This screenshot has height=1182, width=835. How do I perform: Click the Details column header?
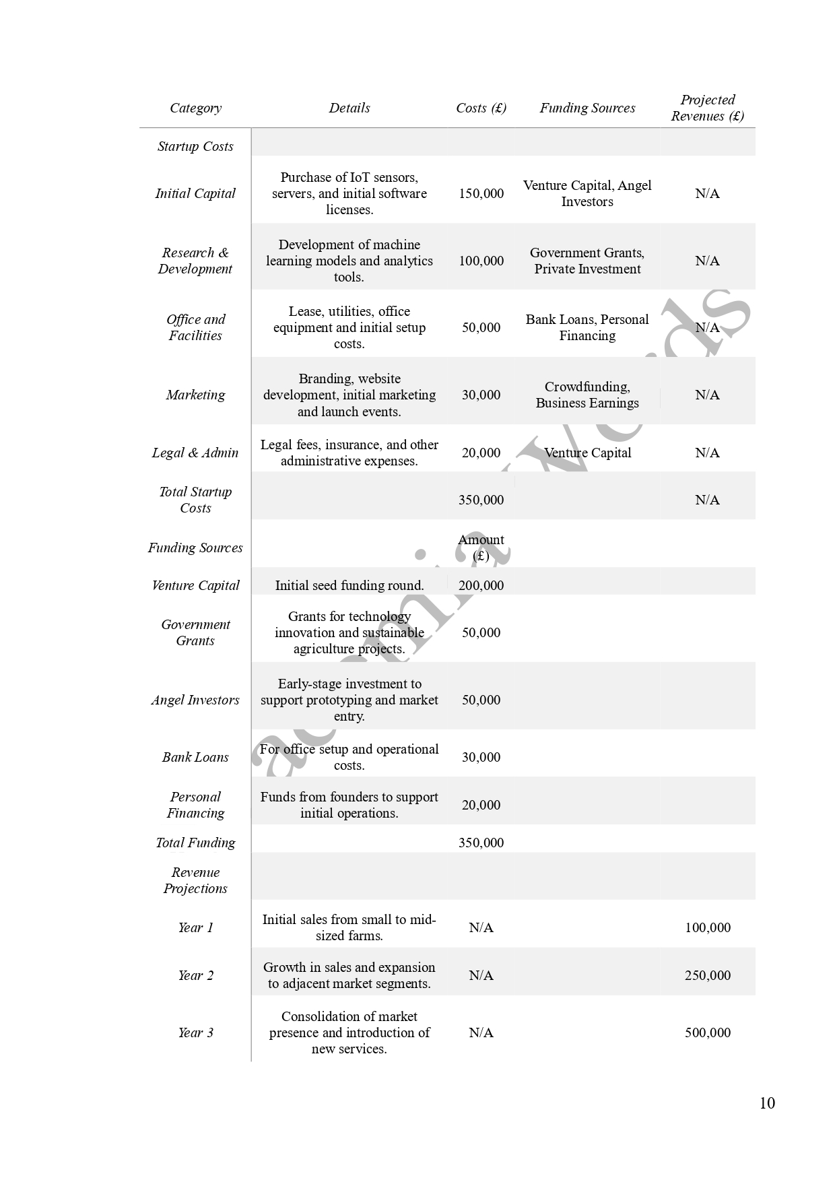pyautogui.click(x=349, y=108)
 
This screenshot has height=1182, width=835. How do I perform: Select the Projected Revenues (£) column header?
pyautogui.click(x=707, y=108)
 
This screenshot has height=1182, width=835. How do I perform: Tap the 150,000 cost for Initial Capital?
pyautogui.click(x=481, y=193)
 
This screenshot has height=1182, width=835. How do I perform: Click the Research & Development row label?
pyautogui.click(x=195, y=261)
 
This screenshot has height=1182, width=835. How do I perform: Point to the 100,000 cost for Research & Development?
pyautogui.click(x=481, y=261)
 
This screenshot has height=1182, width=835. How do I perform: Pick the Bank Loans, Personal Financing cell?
pyautogui.click(x=587, y=327)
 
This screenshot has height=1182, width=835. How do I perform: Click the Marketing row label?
pyautogui.click(x=195, y=395)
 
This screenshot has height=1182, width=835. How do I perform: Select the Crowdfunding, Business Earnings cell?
pyautogui.click(x=587, y=395)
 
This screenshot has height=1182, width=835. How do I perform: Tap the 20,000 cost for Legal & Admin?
pyautogui.click(x=481, y=453)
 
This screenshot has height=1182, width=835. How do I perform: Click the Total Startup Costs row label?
pyautogui.click(x=195, y=500)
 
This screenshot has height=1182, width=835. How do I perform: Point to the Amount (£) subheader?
pyautogui.click(x=481, y=548)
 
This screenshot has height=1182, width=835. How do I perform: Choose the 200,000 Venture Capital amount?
pyautogui.click(x=481, y=585)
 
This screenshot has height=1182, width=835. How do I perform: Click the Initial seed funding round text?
pyautogui.click(x=349, y=585)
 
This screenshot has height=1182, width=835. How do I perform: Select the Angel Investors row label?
pyautogui.click(x=195, y=700)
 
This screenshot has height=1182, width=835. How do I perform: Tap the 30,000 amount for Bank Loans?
pyautogui.click(x=481, y=757)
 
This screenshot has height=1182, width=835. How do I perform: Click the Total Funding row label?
pyautogui.click(x=195, y=843)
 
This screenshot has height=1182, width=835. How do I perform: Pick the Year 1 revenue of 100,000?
pyautogui.click(x=707, y=927)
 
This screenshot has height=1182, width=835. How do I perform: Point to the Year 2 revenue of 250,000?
pyautogui.click(x=707, y=975)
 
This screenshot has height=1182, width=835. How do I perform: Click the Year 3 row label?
pyautogui.click(x=195, y=1032)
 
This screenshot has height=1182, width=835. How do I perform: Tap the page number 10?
pyautogui.click(x=767, y=1103)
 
